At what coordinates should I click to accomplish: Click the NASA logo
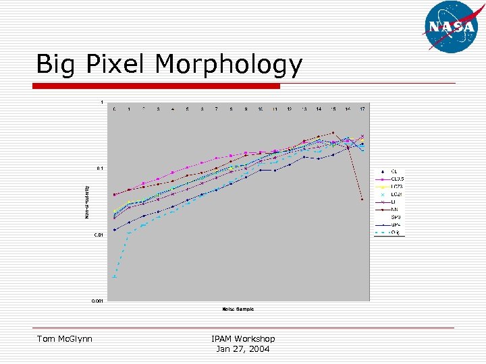pyautogui.click(x=451, y=26)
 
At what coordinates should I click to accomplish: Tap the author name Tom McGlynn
pyautogui.click(x=65, y=338)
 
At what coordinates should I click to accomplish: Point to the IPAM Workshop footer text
pyautogui.click(x=243, y=338)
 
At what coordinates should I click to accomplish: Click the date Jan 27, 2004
pyautogui.click(x=243, y=348)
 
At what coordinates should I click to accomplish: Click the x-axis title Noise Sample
pyautogui.click(x=238, y=309)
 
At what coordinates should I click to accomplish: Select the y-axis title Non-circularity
pyautogui.click(x=86, y=202)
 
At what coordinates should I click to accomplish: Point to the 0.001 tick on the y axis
pyautogui.click(x=98, y=301)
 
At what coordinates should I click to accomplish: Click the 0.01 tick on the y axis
pyautogui.click(x=99, y=235)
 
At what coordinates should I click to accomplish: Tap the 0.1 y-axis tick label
pyautogui.click(x=100, y=169)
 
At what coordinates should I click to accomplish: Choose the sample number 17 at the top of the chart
pyautogui.click(x=362, y=109)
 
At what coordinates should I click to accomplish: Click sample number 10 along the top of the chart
pyautogui.click(x=260, y=109)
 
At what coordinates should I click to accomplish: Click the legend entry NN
pyautogui.click(x=394, y=209)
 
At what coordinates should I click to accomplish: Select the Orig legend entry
pyautogui.click(x=395, y=233)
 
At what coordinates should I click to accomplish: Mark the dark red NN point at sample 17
pyautogui.click(x=362, y=200)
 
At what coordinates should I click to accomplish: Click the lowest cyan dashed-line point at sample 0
pyautogui.click(x=114, y=276)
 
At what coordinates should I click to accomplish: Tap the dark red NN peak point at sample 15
pyautogui.click(x=333, y=133)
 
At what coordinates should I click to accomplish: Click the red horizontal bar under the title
pyautogui.click(x=157, y=86)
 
